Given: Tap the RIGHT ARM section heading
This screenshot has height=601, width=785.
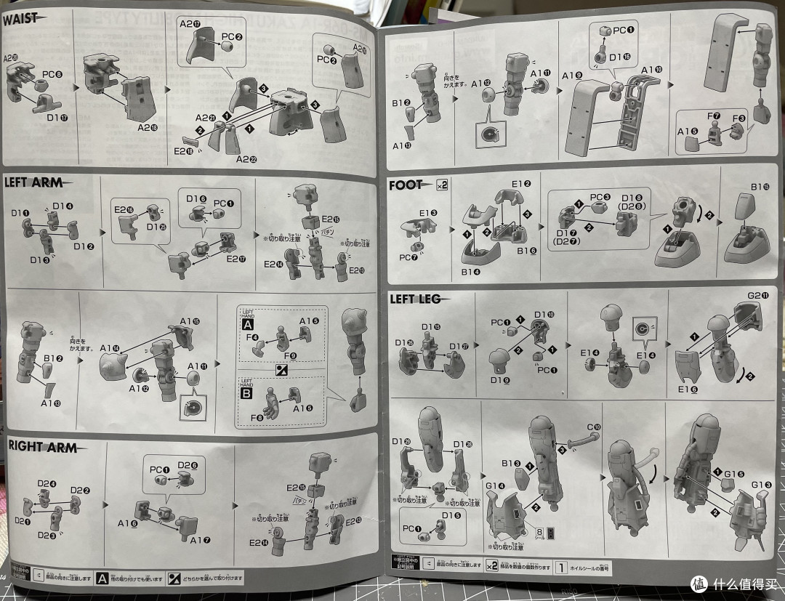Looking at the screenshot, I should [x=42, y=447].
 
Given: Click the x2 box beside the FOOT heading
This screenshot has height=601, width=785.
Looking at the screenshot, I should [x=443, y=185].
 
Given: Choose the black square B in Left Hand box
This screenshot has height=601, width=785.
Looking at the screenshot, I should [x=248, y=398].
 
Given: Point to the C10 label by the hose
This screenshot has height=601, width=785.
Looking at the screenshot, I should [x=594, y=427].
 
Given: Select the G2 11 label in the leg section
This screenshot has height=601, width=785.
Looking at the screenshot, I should [x=752, y=318].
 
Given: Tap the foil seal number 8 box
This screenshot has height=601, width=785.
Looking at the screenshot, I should [x=539, y=531].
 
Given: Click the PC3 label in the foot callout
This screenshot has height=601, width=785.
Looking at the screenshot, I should [x=597, y=196].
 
